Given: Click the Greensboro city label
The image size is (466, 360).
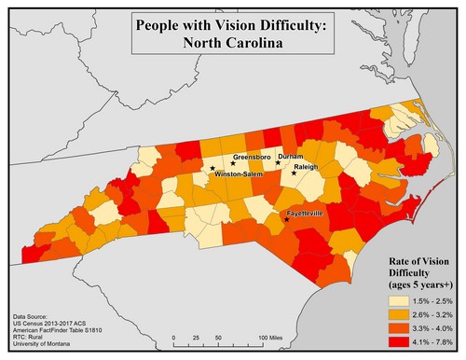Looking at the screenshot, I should pyautogui.click(x=252, y=157).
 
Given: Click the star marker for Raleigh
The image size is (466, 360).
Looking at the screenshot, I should pyautogui.click(x=295, y=173).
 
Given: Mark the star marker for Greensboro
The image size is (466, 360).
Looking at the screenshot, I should pyautogui.click(x=233, y=163).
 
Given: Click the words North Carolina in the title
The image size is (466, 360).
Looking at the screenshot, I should pyautogui.click(x=230, y=43).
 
